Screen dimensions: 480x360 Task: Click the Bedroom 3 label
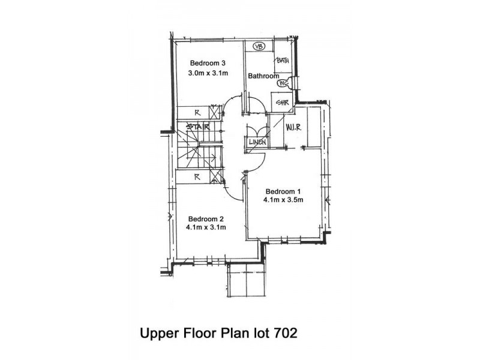pos(208,63)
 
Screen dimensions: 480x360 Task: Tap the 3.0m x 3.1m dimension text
pos(208,73)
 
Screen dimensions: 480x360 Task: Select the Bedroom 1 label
pos(283,191)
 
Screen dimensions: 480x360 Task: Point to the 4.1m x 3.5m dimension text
pos(283,200)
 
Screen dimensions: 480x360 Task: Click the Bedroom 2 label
pos(206,219)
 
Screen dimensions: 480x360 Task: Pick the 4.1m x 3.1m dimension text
pos(206,227)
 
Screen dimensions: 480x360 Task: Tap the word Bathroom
pos(263,76)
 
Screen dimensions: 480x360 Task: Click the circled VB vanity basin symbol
pos(259,47)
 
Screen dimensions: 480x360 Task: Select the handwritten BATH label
pos(282,60)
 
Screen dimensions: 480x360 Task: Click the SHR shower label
pos(282,103)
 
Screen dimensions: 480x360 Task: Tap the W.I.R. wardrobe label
pos(293,127)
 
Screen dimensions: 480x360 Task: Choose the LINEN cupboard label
pos(257,142)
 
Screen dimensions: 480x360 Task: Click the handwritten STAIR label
pos(198,127)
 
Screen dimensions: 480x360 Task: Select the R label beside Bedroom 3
pos(197,113)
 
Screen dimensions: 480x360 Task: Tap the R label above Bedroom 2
pos(197,177)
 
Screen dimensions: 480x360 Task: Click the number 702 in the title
pos(286,333)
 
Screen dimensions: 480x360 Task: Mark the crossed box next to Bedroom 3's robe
pos(214,112)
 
